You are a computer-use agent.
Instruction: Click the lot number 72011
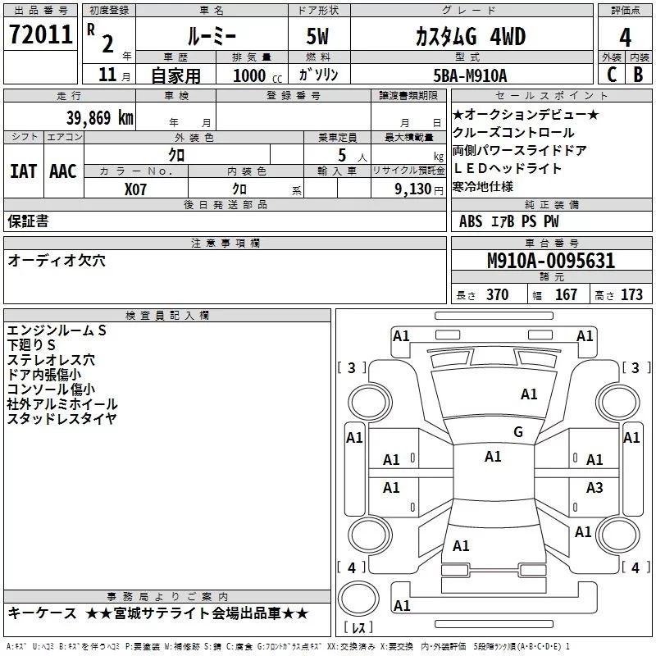40,34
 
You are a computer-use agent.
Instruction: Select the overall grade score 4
625,37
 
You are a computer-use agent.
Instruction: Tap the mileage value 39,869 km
100,118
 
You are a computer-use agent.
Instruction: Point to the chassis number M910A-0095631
551,261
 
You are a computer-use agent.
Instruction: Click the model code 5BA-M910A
470,75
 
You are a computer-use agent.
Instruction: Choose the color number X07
135,189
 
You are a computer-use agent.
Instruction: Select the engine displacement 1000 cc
257,75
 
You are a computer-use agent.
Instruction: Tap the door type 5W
317,36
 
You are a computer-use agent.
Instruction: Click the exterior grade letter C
612,75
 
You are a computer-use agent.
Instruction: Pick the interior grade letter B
638,75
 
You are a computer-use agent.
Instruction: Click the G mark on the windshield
518,432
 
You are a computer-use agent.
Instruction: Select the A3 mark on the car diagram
594,487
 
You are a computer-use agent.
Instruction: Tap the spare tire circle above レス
358,598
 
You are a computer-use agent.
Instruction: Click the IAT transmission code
23,171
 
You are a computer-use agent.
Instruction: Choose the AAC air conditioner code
63,171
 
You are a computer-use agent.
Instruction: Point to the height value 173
631,294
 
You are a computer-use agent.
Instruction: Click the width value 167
566,294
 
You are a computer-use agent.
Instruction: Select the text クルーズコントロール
513,133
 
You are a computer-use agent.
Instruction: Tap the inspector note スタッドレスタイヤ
61,418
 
